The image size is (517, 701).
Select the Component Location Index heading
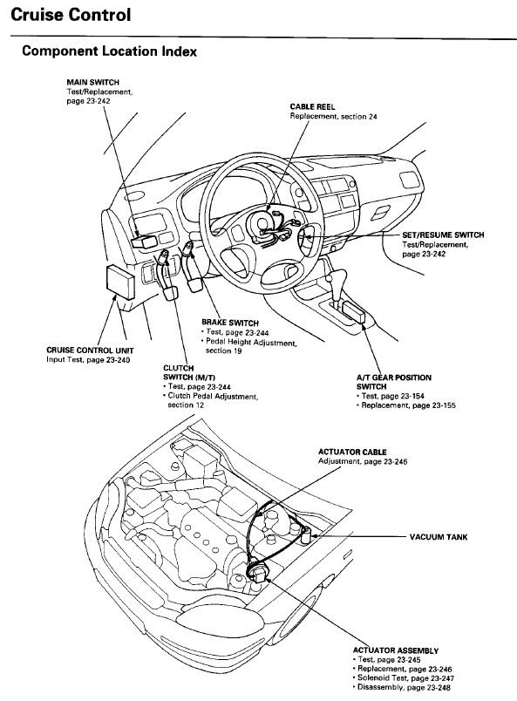click(x=109, y=51)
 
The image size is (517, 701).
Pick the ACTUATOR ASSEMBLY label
click(x=395, y=650)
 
